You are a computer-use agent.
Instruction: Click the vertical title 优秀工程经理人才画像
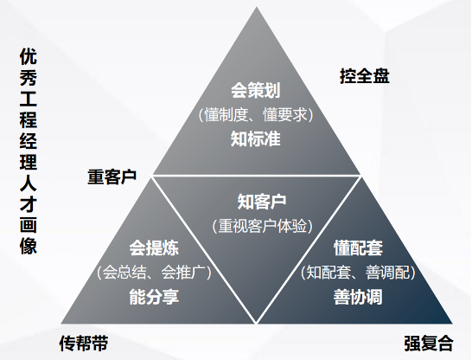click(x=29, y=151)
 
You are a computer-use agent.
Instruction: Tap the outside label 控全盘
click(x=365, y=75)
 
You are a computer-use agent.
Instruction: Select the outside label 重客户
click(x=112, y=177)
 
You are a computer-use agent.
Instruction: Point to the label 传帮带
click(x=84, y=343)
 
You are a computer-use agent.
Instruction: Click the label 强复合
click(x=429, y=343)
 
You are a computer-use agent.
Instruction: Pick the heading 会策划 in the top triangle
click(x=256, y=90)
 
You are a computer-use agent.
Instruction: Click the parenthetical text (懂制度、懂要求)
click(x=256, y=115)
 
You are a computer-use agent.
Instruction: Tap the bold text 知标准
click(x=256, y=138)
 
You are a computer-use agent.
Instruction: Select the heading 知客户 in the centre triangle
click(x=262, y=202)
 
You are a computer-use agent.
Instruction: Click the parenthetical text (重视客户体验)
click(x=263, y=226)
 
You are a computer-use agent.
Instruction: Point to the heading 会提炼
click(x=154, y=248)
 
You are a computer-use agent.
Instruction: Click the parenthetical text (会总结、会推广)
click(x=154, y=272)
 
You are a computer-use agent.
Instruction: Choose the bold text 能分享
click(x=154, y=297)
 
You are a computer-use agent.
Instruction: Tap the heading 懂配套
click(x=358, y=248)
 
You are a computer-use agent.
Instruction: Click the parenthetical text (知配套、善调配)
click(x=358, y=272)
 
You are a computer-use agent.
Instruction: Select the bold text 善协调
click(x=358, y=297)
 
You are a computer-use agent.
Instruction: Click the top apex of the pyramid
click(x=257, y=7)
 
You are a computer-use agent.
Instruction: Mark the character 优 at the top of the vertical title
click(x=29, y=56)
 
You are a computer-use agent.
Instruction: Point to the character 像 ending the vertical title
click(x=29, y=246)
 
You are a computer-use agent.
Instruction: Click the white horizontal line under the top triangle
click(x=257, y=175)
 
